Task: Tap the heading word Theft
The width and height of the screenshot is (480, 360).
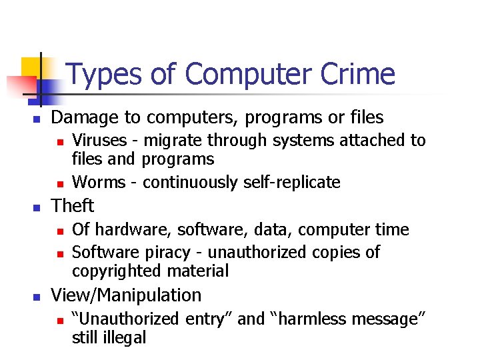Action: click(x=73, y=205)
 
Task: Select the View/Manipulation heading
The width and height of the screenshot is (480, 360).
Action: click(x=126, y=295)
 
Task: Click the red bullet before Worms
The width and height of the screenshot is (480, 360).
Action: click(x=59, y=183)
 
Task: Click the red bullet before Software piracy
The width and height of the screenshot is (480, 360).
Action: click(x=59, y=253)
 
